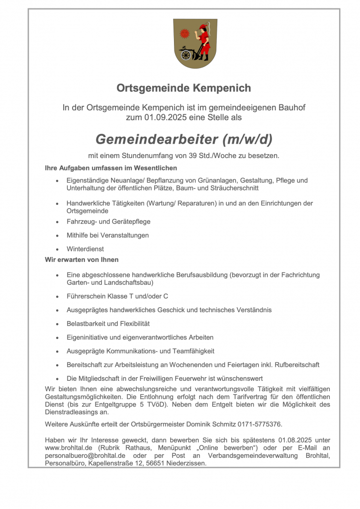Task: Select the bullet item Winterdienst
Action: (x=85, y=249)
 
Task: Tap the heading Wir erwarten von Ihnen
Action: (x=82, y=259)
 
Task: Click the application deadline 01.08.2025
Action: (x=297, y=440)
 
